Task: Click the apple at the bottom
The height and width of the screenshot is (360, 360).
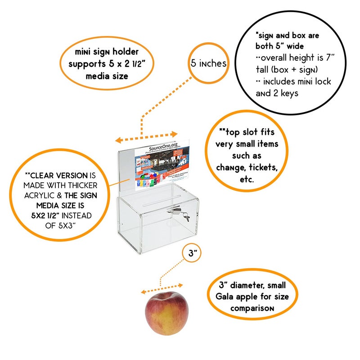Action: click(166, 313)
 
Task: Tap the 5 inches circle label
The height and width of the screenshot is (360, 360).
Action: click(208, 63)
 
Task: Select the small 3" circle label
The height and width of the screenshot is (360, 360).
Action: click(193, 253)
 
